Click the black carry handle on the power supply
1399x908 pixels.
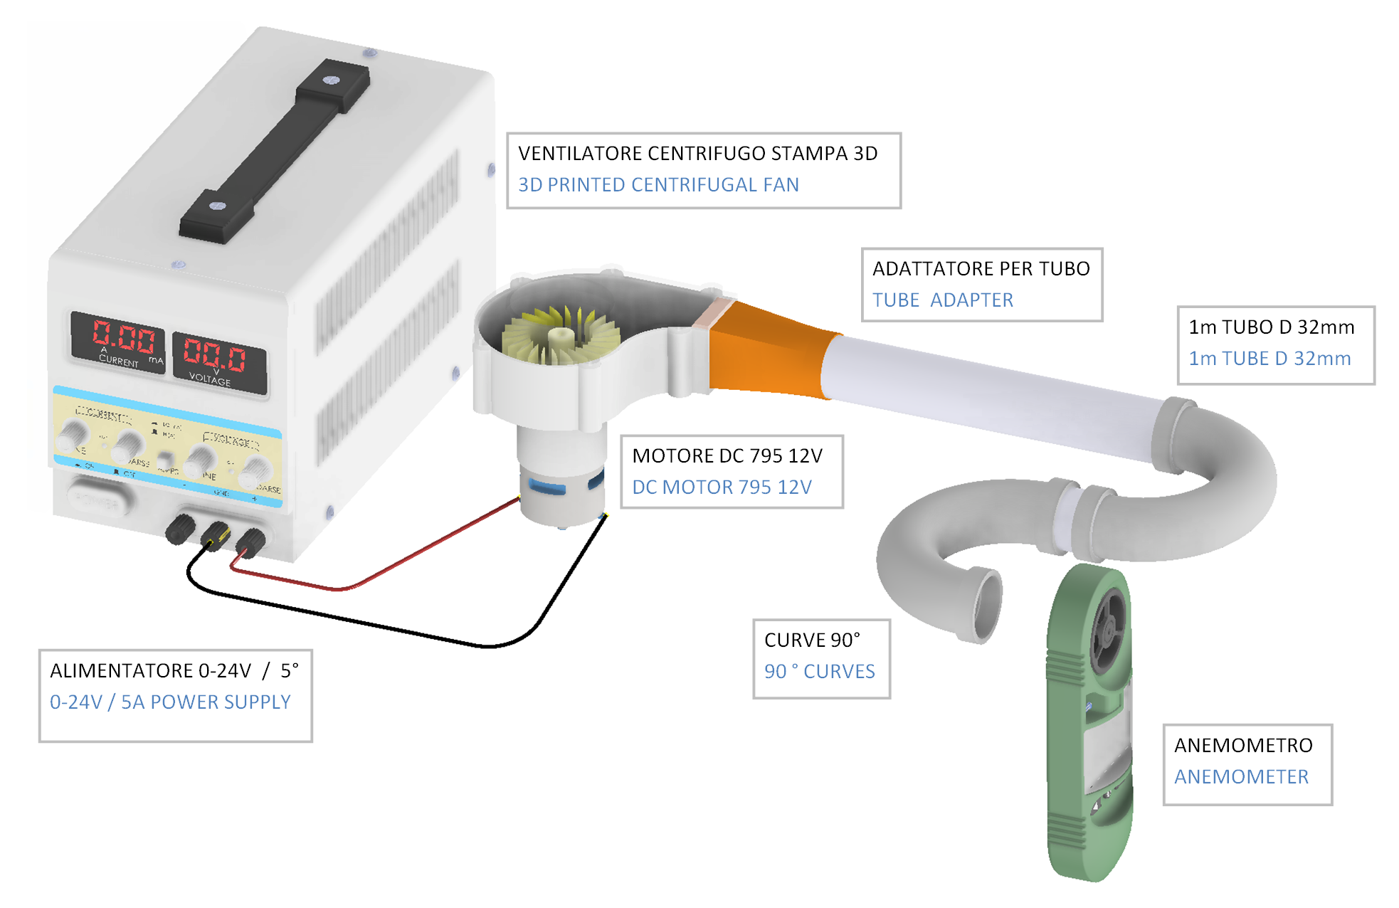coord(274,149)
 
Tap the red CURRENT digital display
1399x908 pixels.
coord(122,337)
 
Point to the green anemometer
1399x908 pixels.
coord(1089,726)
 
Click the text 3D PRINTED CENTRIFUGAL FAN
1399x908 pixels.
coord(658,185)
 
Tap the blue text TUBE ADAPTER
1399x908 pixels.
coord(943,300)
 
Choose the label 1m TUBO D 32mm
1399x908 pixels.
coord(1271,327)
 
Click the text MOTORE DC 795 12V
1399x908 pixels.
coord(727,456)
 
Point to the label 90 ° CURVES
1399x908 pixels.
coord(820,672)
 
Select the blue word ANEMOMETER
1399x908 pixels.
coord(1241,777)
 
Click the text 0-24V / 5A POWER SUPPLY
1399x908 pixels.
coord(170,702)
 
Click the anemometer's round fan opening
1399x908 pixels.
coord(1107,630)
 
